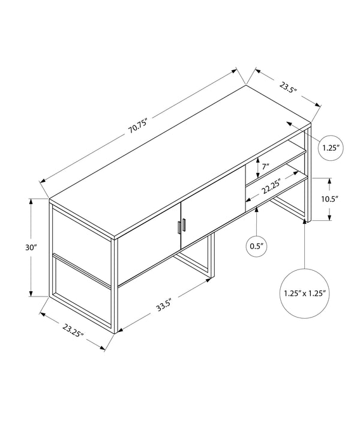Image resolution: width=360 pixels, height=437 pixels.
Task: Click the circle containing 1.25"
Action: tap(330, 147)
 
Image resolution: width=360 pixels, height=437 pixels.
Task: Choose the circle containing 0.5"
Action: tap(256, 245)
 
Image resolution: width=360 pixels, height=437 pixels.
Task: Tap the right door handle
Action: tap(185, 225)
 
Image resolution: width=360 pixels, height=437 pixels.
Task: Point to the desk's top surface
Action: tap(180, 156)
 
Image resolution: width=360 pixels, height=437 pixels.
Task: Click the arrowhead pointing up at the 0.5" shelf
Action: tap(256, 209)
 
